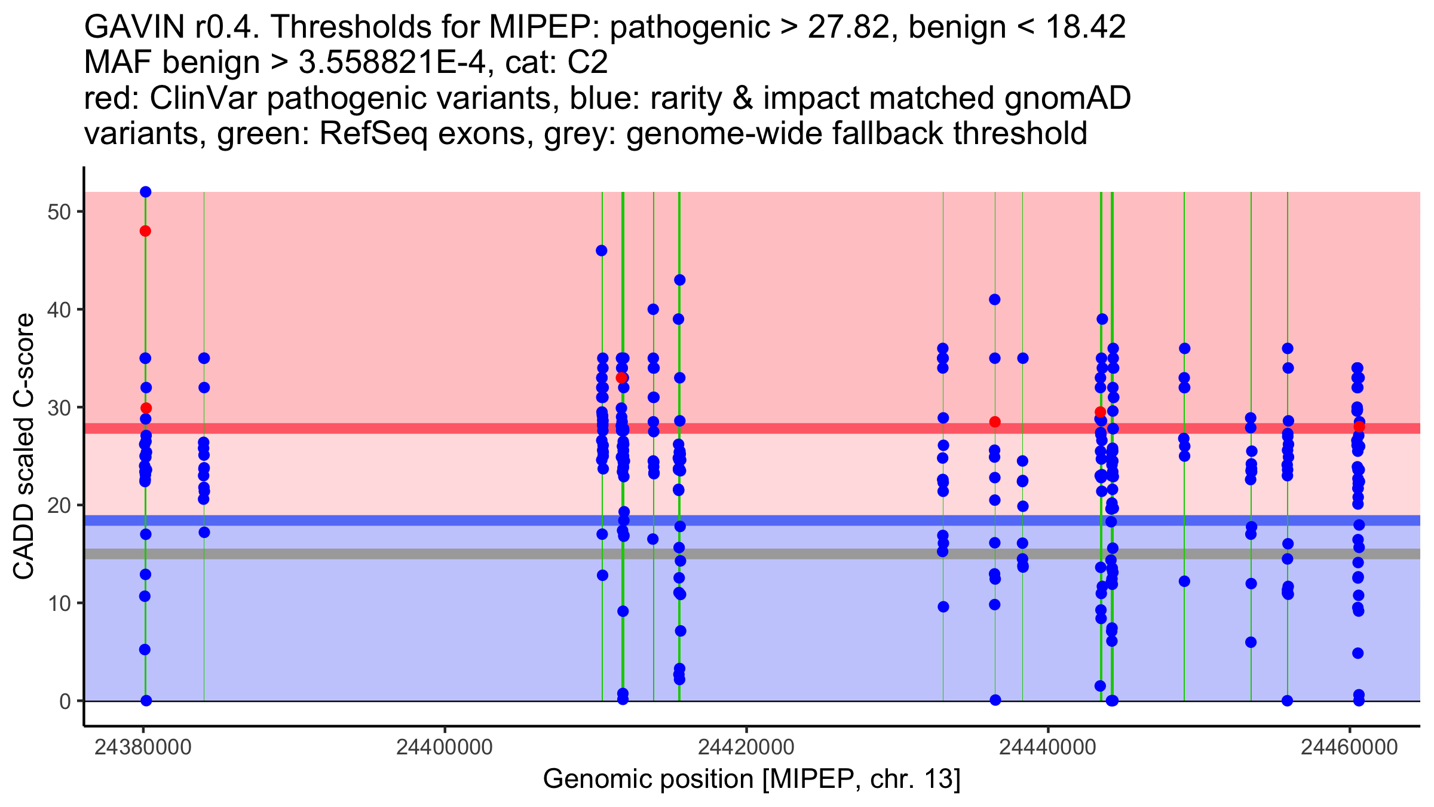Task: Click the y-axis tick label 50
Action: pyautogui.click(x=58, y=212)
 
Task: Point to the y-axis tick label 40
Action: pyautogui.click(x=58, y=310)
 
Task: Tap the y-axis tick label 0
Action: pyautogui.click(x=65, y=701)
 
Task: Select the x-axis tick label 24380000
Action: pyautogui.click(x=143, y=747)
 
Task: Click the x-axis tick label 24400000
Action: pyautogui.click(x=445, y=747)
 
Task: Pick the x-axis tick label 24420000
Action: pyautogui.click(x=746, y=747)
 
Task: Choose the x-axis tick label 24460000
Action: pyautogui.click(x=1349, y=747)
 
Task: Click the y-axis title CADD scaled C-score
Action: pyautogui.click(x=24, y=447)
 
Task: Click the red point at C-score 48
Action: pyautogui.click(x=145, y=231)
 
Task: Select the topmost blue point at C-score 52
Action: pyautogui.click(x=146, y=192)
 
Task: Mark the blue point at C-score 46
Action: pyautogui.click(x=602, y=250)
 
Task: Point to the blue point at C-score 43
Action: pyautogui.click(x=680, y=280)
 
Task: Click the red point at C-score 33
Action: pyautogui.click(x=621, y=378)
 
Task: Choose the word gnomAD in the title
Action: pyautogui.click(x=1067, y=99)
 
